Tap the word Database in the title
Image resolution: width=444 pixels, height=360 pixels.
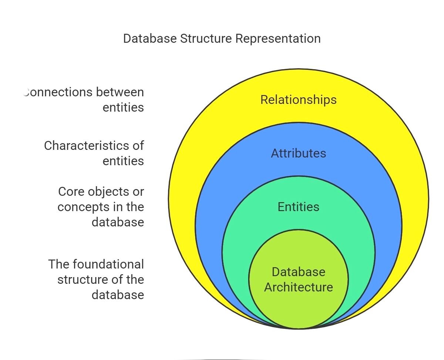(x=150, y=38)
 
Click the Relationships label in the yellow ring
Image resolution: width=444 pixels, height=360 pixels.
(x=298, y=100)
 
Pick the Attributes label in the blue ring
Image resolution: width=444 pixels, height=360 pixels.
(x=298, y=153)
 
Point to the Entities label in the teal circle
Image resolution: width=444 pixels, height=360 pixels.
(x=298, y=207)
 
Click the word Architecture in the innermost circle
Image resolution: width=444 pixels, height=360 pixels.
(x=298, y=287)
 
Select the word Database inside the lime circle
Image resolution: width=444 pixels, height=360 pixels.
(x=298, y=272)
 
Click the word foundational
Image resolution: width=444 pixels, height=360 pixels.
(x=108, y=264)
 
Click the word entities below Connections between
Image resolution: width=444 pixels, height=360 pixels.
(x=123, y=107)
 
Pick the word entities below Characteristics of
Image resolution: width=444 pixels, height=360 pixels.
(x=123, y=161)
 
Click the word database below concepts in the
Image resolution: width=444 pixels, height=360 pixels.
(x=118, y=222)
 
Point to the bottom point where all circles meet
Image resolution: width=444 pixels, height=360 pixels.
(x=298, y=328)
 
